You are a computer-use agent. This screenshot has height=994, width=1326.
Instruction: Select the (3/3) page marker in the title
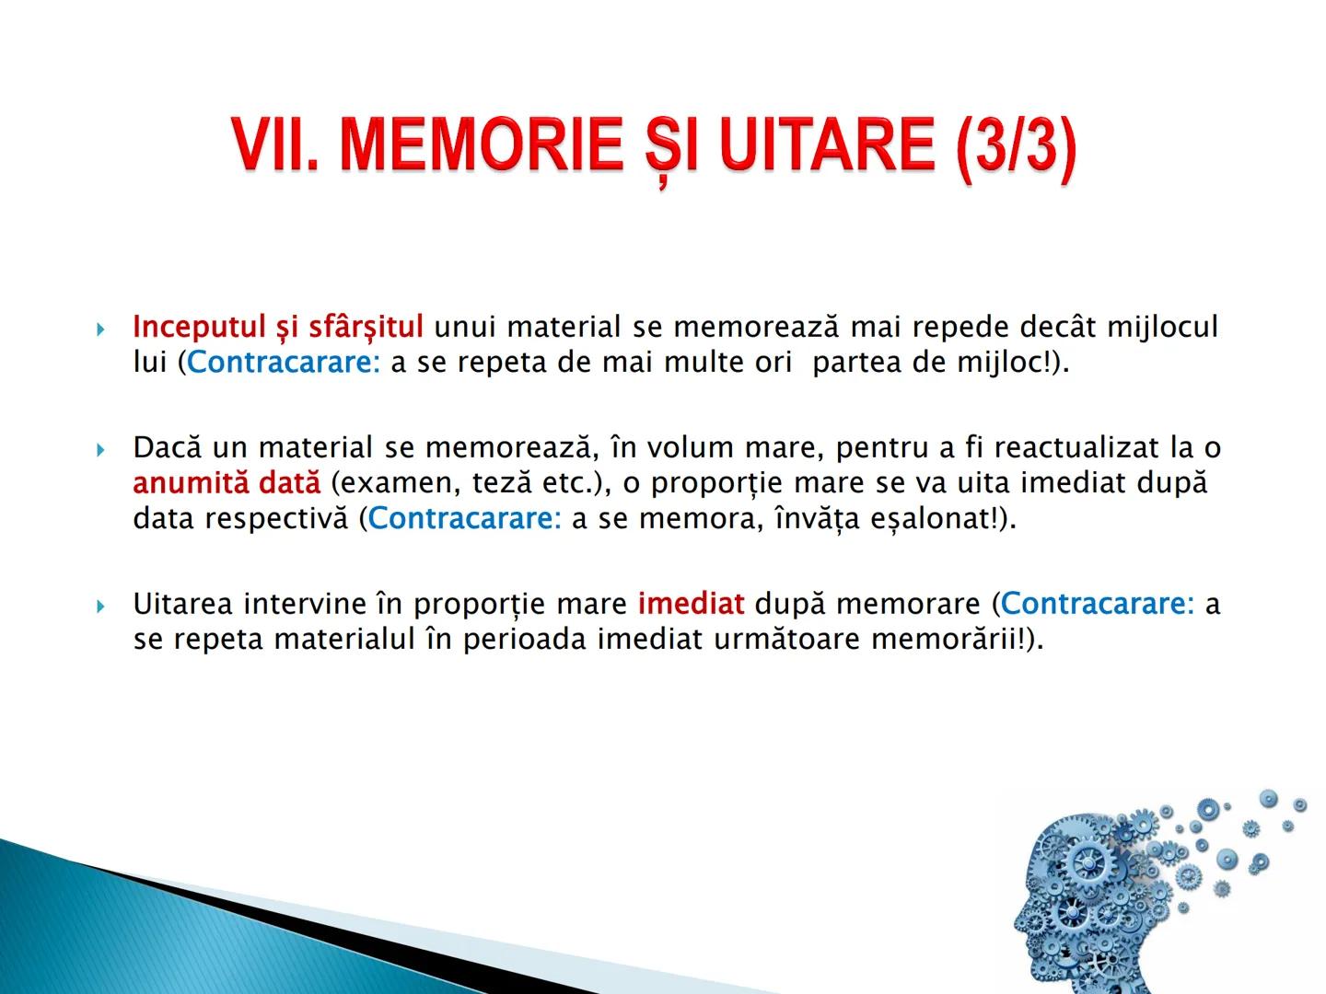point(1016,147)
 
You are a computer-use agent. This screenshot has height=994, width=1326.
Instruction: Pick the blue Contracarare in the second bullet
point(464,519)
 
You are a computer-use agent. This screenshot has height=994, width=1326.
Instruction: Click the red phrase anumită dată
point(227,483)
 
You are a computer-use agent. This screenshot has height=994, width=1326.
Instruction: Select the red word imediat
point(691,604)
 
